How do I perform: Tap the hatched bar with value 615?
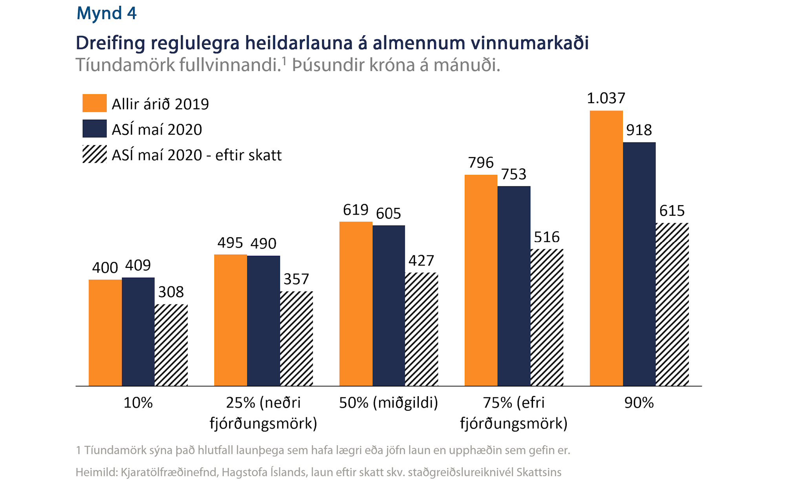(672, 304)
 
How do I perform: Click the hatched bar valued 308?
(171, 345)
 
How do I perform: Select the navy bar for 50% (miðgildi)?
(389, 306)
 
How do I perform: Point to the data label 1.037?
(606, 98)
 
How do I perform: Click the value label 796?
(481, 162)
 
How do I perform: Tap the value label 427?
(421, 260)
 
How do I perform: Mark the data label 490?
(263, 244)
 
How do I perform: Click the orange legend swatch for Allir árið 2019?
(94, 103)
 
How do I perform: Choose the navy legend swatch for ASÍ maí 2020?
(94, 129)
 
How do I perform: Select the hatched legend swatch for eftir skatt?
(94, 154)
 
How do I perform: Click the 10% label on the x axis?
(138, 403)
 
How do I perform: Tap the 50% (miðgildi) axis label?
(389, 403)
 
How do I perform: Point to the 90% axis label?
(639, 403)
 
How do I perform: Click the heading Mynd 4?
(106, 13)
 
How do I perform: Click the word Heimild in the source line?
(96, 472)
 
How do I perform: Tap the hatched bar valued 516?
(547, 317)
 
